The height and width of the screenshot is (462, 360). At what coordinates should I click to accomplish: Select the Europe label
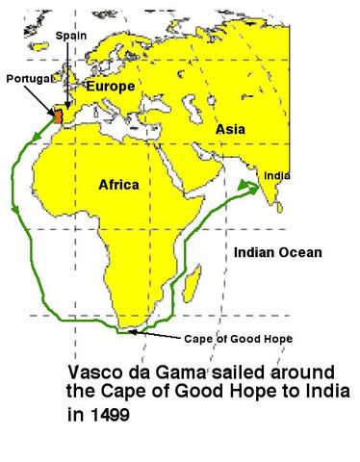tap(111, 86)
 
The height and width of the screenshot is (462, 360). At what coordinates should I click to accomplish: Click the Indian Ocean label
tap(278, 252)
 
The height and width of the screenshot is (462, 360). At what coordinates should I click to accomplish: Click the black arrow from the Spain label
tap(65, 72)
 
